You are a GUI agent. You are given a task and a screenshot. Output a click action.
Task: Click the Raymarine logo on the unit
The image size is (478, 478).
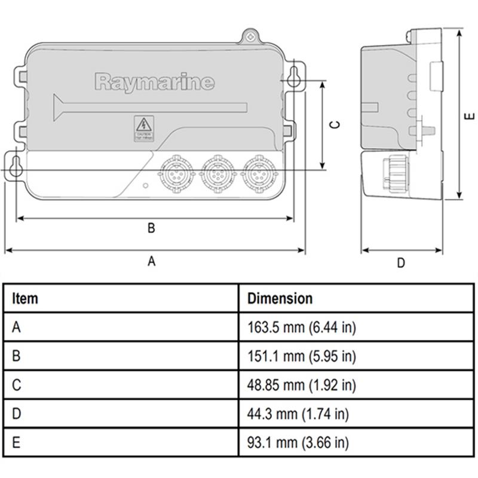click(154, 81)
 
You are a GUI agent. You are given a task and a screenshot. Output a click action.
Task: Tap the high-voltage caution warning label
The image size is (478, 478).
click(143, 128)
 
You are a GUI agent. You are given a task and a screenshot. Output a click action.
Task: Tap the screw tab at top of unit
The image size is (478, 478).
click(251, 36)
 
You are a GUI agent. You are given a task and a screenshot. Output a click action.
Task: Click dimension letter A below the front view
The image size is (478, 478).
click(152, 261)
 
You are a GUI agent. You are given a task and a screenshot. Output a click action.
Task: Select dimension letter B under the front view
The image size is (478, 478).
click(151, 228)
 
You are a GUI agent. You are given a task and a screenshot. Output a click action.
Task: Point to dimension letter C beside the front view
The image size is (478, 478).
click(336, 124)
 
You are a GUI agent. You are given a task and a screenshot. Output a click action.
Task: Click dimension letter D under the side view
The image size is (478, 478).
click(401, 262)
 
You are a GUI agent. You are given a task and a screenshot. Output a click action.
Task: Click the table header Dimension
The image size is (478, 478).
click(280, 298)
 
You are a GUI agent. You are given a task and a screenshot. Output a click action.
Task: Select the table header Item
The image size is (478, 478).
click(24, 298)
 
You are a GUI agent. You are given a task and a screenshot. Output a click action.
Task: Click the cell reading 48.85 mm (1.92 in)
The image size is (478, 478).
click(302, 385)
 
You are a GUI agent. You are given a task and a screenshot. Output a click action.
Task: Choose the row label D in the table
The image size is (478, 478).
click(16, 414)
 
